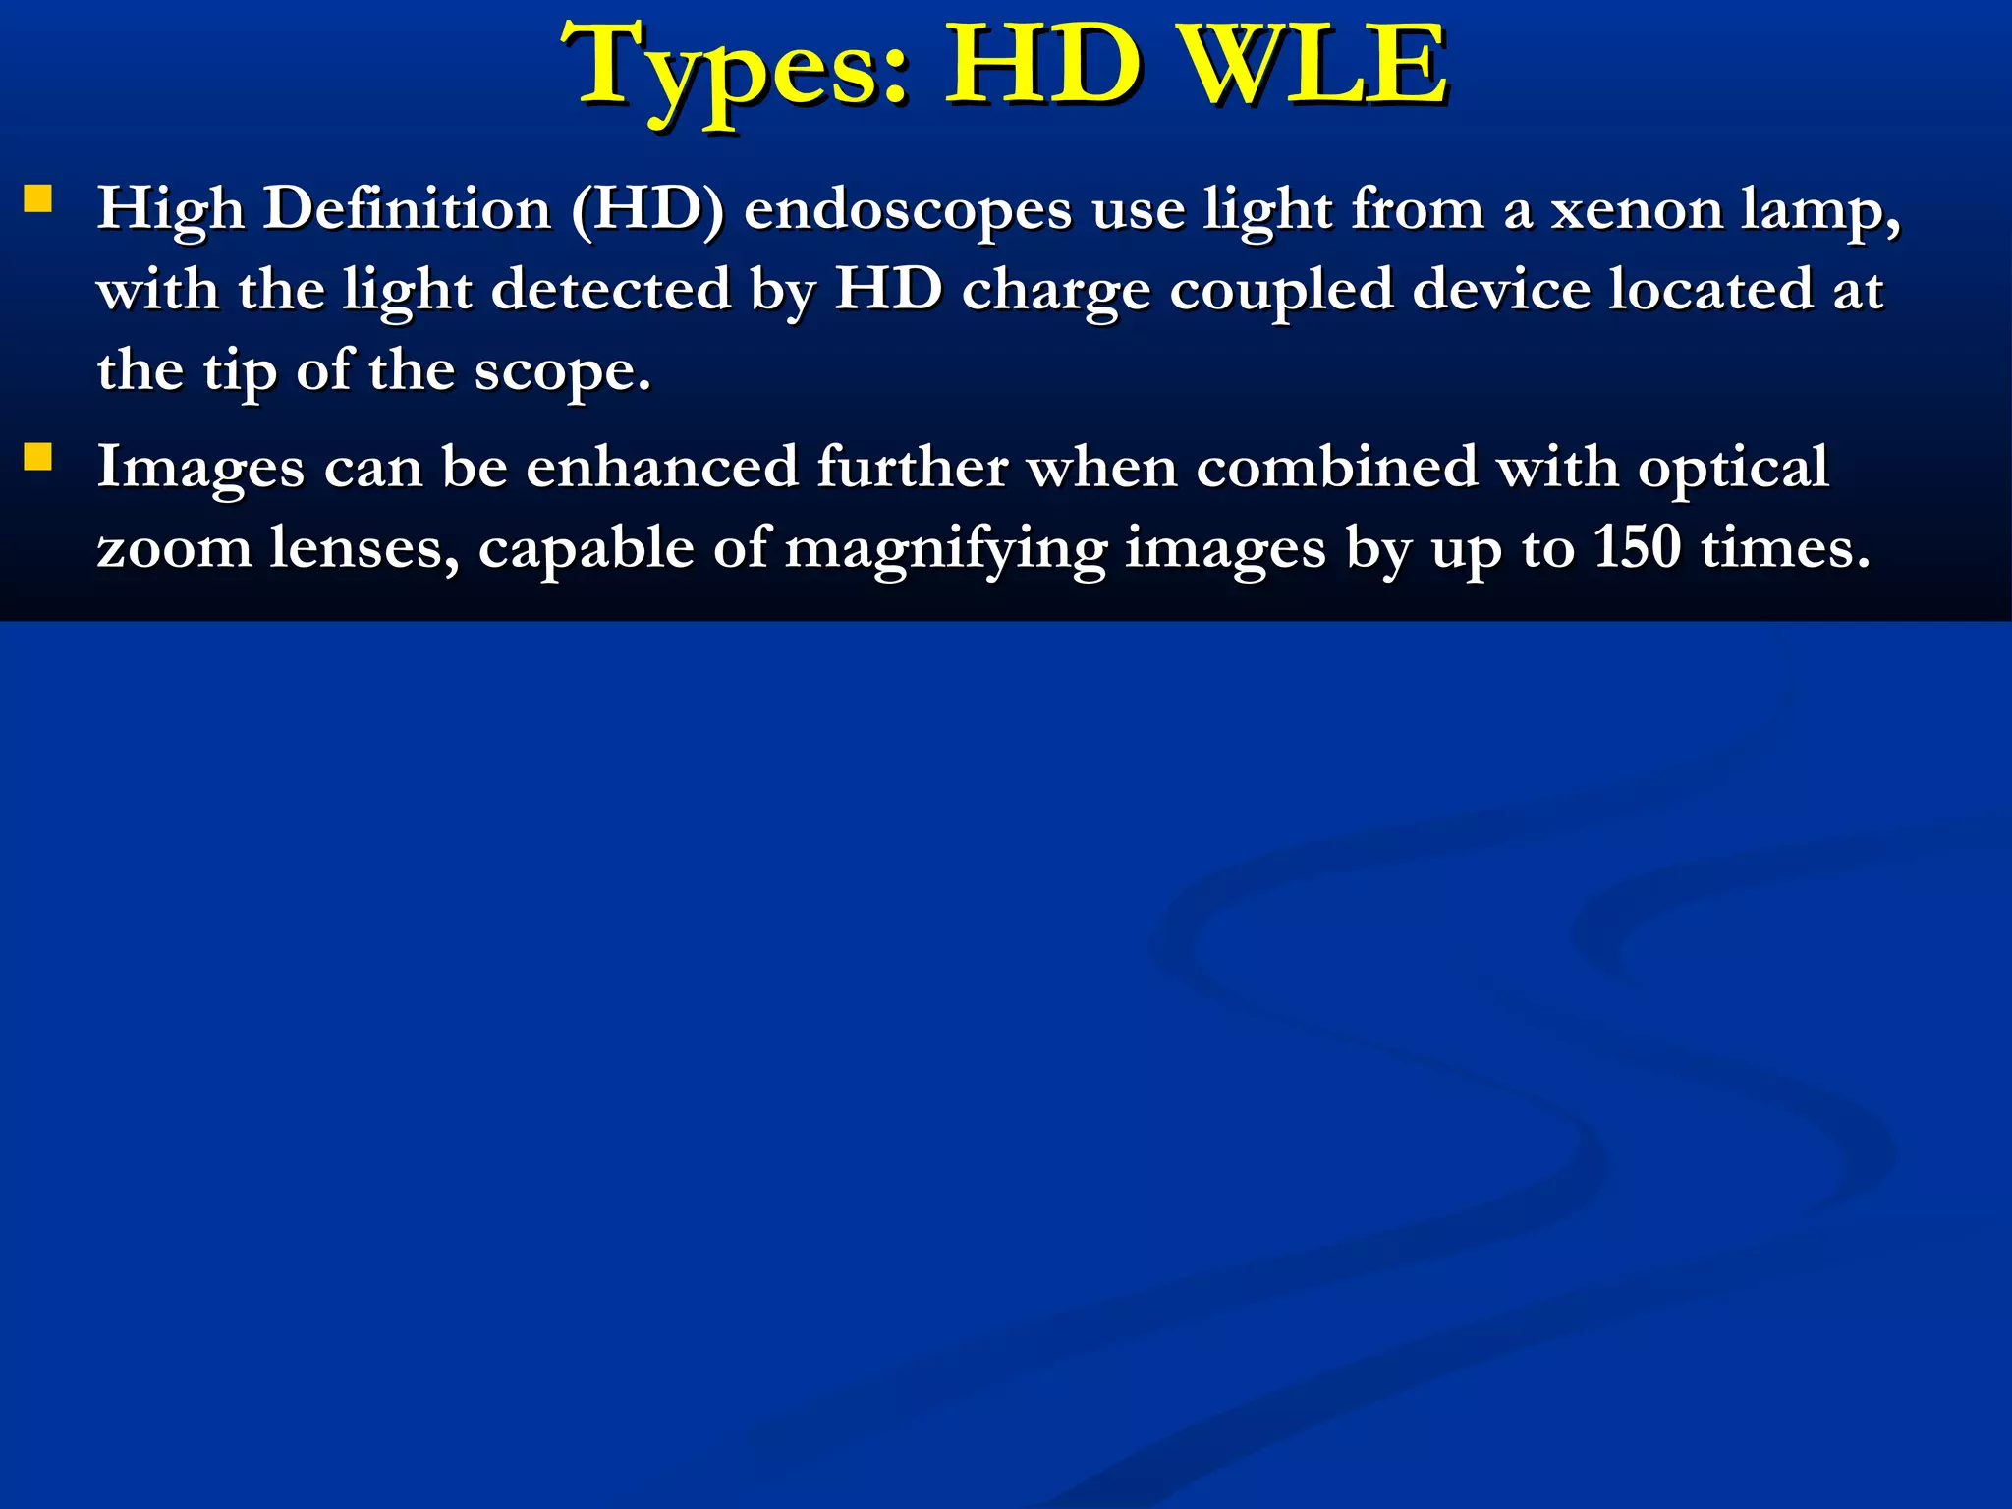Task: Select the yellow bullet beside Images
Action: pyautogui.click(x=37, y=457)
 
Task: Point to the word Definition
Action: pyautogui.click(x=407, y=209)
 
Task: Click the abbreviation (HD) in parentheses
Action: pyautogui.click(x=647, y=210)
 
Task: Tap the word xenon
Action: pyautogui.click(x=1637, y=210)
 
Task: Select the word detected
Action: pyautogui.click(x=610, y=291)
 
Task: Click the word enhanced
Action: pyautogui.click(x=661, y=467)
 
